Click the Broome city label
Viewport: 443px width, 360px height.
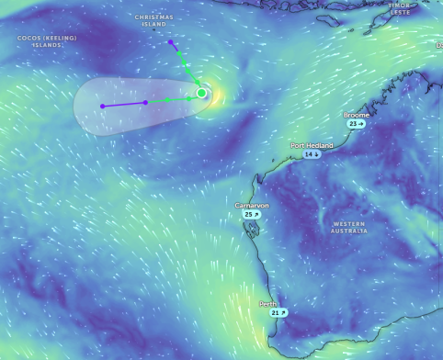pos(357,115)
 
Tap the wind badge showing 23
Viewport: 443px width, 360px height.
pos(356,123)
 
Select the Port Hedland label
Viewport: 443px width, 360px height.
pos(312,145)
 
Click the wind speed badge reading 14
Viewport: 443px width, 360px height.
pos(312,154)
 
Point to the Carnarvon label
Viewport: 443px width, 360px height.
pos(252,206)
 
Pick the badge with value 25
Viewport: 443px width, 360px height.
pos(252,214)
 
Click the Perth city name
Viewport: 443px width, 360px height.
pos(267,304)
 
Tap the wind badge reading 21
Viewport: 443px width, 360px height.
pos(278,313)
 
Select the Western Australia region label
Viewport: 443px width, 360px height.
pos(349,227)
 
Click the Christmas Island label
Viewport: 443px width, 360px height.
pos(153,20)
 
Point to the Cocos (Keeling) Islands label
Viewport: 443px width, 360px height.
pos(47,41)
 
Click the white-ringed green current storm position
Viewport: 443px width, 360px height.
pos(201,93)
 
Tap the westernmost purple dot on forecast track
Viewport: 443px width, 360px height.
pos(102,107)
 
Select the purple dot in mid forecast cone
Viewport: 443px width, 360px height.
pos(146,102)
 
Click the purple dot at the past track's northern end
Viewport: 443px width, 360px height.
pos(171,42)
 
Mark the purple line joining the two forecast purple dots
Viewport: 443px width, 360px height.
pos(124,104)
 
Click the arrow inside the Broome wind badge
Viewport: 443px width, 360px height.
pos(361,123)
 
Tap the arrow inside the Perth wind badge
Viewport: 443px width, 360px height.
pos(284,313)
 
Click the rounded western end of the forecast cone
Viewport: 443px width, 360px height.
pos(77,107)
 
